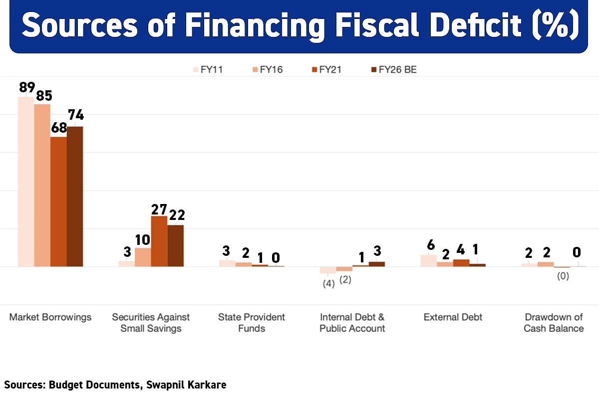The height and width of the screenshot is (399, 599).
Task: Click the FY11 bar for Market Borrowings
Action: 26,182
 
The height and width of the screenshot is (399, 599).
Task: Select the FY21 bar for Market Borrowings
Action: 59,201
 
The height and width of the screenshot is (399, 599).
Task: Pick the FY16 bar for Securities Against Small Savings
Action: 143,257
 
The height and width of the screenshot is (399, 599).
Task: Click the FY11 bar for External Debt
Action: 428,260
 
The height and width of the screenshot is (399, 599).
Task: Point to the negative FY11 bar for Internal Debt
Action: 328,270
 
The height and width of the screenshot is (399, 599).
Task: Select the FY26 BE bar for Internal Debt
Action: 377,264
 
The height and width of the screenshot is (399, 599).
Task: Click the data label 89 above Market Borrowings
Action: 27,88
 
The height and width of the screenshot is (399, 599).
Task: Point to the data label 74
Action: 76,116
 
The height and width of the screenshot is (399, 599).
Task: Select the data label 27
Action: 159,207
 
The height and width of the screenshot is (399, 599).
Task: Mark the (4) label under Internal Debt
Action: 328,284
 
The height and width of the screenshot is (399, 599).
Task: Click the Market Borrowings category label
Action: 50,317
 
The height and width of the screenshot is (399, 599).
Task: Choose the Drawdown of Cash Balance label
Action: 554,323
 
